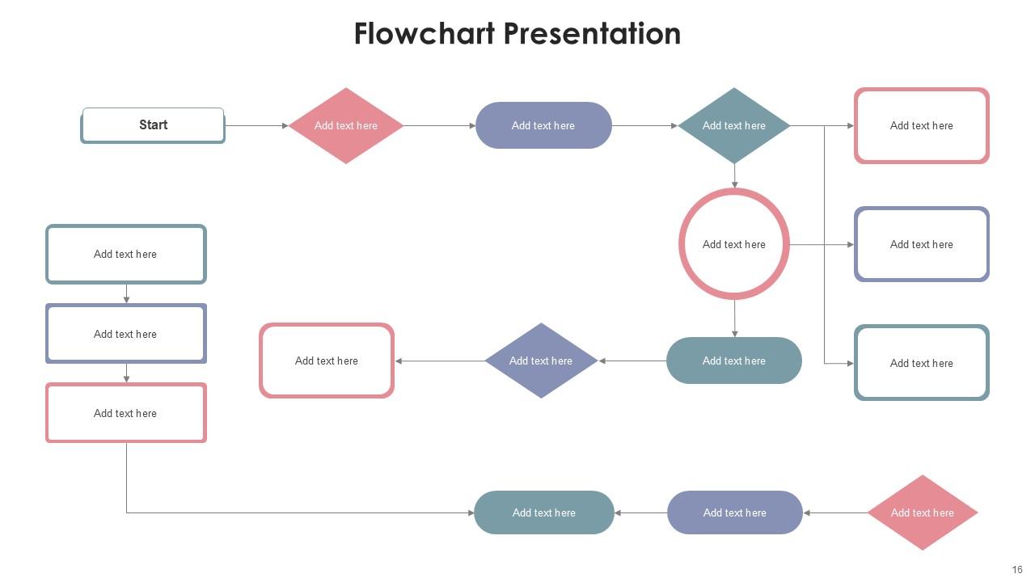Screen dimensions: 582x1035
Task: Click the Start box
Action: (x=153, y=125)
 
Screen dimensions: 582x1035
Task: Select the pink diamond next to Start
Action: (x=346, y=125)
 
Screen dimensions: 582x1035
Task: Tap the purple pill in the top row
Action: (x=543, y=125)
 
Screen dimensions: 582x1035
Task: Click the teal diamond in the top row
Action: (x=734, y=125)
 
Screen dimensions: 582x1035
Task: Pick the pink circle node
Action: (x=734, y=244)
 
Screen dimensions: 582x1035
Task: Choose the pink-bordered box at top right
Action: (x=922, y=125)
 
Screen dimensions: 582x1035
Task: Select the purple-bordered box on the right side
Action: (x=922, y=244)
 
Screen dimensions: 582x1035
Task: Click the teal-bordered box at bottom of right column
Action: (x=922, y=363)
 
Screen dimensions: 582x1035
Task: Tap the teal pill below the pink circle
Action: (x=734, y=361)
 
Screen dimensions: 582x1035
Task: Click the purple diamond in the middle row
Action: (x=541, y=361)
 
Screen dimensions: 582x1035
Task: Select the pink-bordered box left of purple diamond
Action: (x=327, y=361)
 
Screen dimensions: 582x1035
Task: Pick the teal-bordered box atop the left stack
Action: (x=126, y=254)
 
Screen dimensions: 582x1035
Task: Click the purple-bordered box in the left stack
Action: (x=126, y=334)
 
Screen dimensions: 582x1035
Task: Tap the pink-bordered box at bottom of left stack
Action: (x=126, y=413)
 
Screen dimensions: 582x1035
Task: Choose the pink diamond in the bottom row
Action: (x=923, y=512)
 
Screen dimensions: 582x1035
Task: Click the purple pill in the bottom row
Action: (x=735, y=512)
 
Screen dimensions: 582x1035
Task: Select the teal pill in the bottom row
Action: (x=544, y=512)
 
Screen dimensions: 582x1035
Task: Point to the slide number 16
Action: (x=1017, y=570)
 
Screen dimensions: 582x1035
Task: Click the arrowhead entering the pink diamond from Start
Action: (x=285, y=125)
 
